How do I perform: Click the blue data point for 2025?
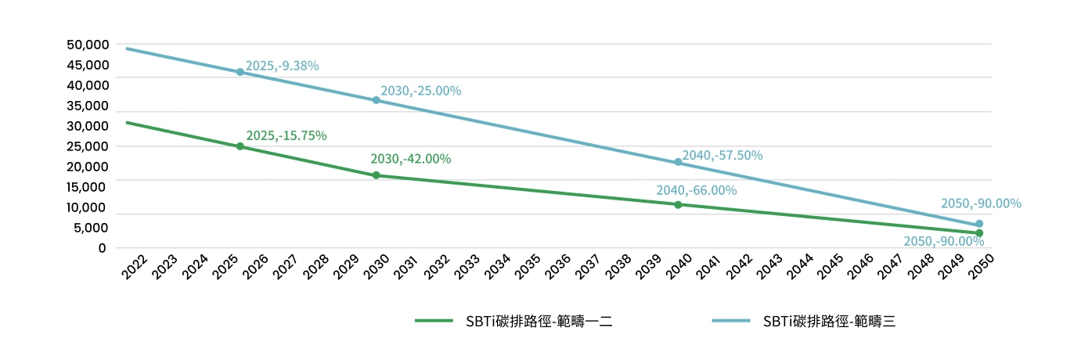tap(240, 72)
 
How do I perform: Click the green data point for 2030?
tap(376, 175)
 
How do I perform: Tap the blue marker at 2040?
tap(678, 162)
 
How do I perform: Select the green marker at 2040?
tap(678, 204)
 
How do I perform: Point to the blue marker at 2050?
tap(979, 224)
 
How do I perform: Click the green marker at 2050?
tap(979, 233)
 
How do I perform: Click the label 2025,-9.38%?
tap(282, 66)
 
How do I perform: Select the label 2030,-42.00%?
tap(410, 159)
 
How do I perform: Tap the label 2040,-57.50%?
tap(722, 155)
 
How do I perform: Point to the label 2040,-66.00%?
tap(696, 190)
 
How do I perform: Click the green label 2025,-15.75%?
tap(286, 135)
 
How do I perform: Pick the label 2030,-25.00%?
tap(420, 91)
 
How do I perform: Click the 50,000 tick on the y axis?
tap(87, 45)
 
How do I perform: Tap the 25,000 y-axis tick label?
tap(87, 146)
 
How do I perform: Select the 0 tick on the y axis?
tap(102, 248)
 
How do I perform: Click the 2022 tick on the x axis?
tap(135, 267)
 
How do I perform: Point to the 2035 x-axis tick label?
tap(527, 267)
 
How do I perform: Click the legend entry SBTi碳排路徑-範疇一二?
tap(513, 321)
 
